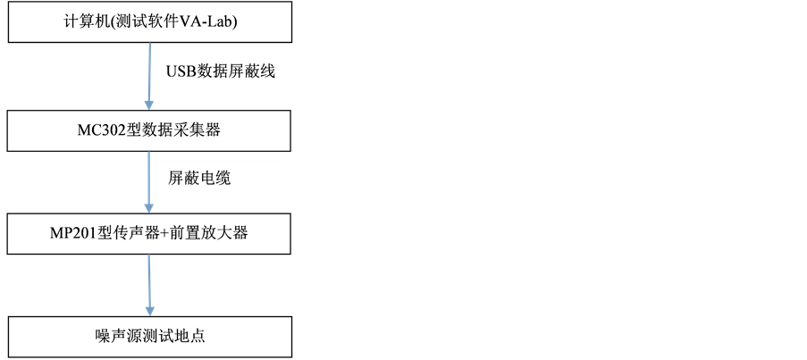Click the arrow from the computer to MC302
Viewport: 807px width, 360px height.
[x=148, y=75]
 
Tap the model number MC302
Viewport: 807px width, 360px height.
[x=100, y=131]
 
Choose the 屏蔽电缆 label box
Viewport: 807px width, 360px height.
[x=218, y=179]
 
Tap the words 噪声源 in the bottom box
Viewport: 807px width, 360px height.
[x=115, y=336]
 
